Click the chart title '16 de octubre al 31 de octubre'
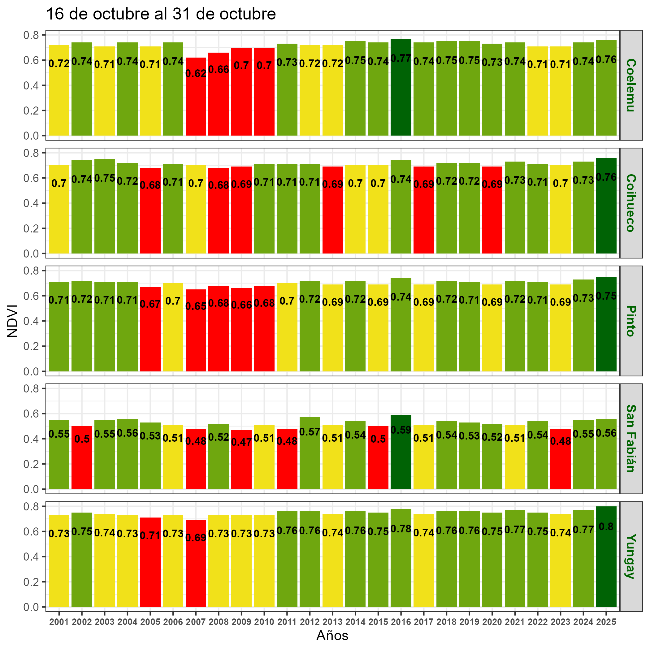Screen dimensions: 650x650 coord(161,15)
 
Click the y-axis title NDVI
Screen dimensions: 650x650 coord(12,321)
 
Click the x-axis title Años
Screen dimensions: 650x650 coord(332,635)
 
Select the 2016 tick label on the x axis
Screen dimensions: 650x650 coord(401,622)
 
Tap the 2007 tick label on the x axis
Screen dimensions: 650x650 coord(196,622)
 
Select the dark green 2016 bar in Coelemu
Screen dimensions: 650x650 coord(401,97)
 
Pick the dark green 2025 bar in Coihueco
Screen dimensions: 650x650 coord(606,215)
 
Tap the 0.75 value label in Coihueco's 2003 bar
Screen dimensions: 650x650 coord(105,178)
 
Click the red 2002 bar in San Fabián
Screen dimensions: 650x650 coord(82,464)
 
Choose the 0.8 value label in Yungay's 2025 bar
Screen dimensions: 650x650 coord(606,527)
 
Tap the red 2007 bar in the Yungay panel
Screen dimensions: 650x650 coord(196,572)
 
